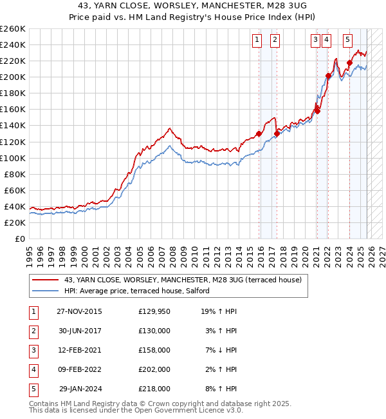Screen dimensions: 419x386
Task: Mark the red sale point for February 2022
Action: coord(328,75)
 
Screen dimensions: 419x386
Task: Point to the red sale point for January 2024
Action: coord(349,63)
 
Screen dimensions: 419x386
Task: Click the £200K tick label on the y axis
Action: coord(12,77)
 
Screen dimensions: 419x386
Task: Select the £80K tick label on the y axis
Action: coord(14,174)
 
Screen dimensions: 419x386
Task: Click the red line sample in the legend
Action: coord(45,280)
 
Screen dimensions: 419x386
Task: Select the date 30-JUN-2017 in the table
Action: coord(79,331)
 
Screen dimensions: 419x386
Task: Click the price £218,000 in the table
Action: coord(154,389)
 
